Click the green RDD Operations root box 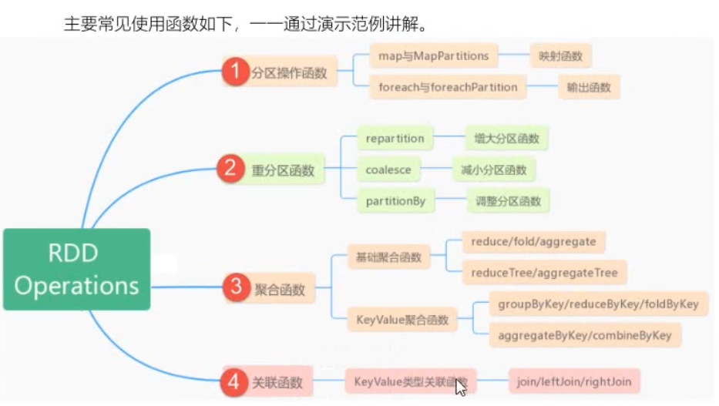coord(76,269)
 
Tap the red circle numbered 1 coord(234,73)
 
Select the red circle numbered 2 coord(230,169)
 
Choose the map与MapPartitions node coord(434,56)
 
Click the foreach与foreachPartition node coord(448,87)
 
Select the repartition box coord(395,139)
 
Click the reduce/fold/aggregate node coord(533,241)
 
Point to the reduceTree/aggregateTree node coord(544,271)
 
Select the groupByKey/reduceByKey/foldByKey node coord(598,304)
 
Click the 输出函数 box coord(590,87)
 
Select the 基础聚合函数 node coord(388,257)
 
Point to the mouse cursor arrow coord(460,386)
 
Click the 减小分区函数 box coord(493,169)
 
